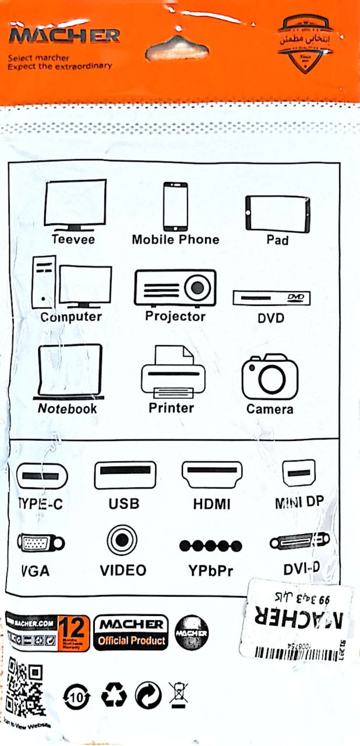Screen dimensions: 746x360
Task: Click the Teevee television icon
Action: (76, 205)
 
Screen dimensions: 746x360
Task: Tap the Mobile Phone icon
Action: (175, 207)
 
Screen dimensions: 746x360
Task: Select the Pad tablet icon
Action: (277, 214)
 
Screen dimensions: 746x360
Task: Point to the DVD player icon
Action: (271, 298)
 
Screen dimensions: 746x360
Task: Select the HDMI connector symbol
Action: (212, 475)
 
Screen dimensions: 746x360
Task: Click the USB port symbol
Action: (125, 475)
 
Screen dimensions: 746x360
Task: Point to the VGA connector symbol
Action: (40, 544)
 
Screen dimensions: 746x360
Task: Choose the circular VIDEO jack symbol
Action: (122, 540)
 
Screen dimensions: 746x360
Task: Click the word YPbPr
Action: (210, 571)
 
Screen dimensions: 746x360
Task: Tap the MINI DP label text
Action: (299, 503)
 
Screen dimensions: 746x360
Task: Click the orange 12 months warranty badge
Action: (73, 633)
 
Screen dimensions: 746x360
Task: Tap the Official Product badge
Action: (131, 634)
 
